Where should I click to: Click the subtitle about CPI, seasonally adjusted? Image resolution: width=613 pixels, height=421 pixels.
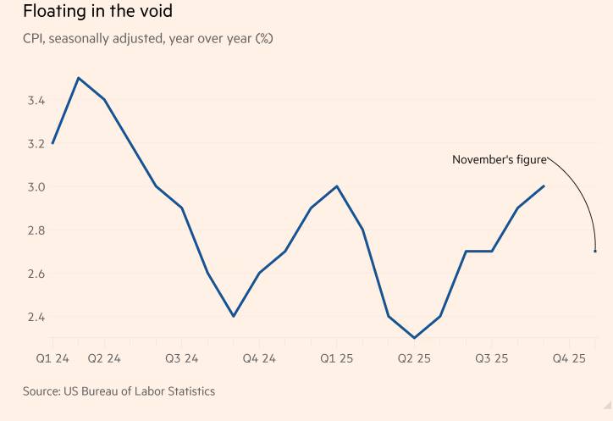click(148, 38)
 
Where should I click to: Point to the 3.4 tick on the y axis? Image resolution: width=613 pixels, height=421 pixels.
click(36, 101)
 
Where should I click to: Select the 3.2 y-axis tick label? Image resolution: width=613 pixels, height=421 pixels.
click(36, 144)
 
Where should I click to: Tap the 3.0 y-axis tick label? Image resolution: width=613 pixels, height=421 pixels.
click(36, 187)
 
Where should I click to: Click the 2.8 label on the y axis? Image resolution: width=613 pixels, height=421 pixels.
click(36, 230)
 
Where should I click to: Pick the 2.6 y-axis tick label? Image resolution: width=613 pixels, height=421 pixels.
click(36, 274)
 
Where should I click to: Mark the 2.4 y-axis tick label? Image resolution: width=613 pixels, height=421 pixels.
click(36, 317)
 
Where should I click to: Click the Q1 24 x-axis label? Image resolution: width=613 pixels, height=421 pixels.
click(52, 358)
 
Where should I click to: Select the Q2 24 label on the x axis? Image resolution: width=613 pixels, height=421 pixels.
click(104, 358)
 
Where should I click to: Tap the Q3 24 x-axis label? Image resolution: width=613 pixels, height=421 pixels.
click(181, 358)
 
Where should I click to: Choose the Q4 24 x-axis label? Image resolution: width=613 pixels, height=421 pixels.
click(259, 358)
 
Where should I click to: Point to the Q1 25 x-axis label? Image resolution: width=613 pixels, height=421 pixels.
click(336, 358)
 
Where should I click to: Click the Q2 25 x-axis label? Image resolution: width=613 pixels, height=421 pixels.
click(414, 358)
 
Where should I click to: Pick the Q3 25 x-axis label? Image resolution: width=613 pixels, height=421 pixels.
click(491, 358)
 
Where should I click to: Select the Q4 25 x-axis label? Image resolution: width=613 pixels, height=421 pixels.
click(569, 358)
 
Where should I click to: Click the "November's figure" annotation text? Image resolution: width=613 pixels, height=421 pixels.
click(499, 159)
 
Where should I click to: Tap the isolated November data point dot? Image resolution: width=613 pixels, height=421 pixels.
click(595, 251)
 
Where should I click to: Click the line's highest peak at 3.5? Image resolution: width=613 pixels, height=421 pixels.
click(79, 78)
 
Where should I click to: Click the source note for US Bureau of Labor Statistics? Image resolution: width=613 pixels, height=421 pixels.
click(119, 391)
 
